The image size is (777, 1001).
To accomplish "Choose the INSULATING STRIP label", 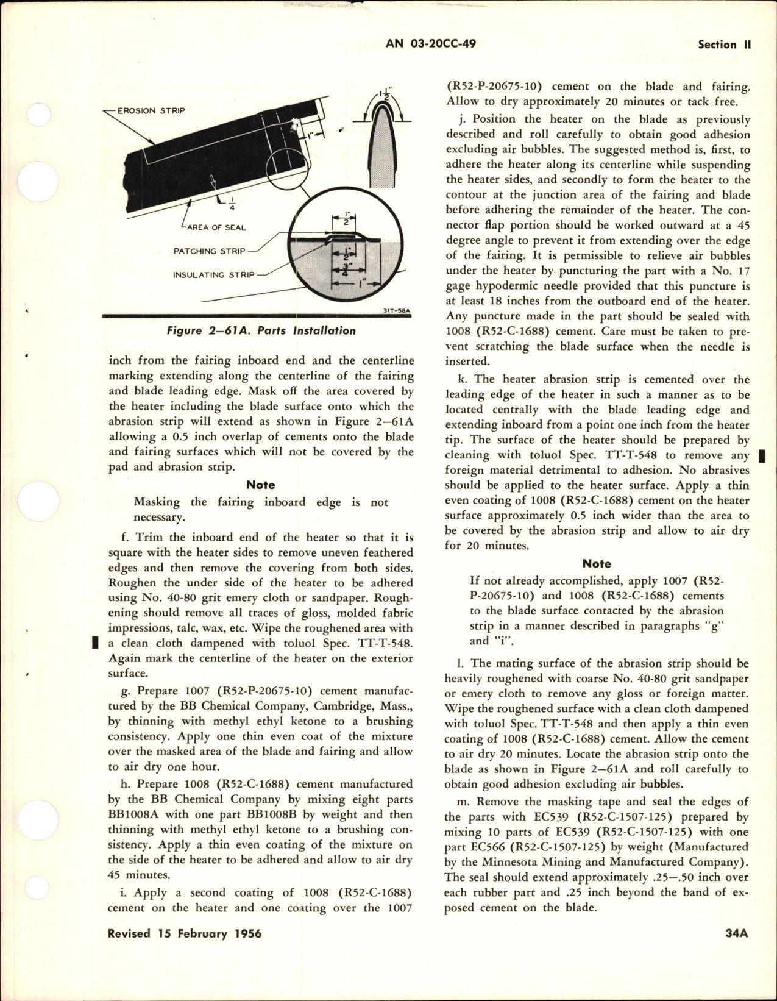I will pyautogui.click(x=213, y=274).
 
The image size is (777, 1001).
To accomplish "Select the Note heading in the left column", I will pyautogui.click(x=260, y=485).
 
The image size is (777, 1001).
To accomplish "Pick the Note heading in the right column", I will pyautogui.click(x=597, y=564).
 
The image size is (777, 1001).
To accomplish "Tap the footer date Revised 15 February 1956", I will pyautogui.click(x=185, y=951).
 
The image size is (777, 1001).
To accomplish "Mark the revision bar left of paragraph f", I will pyautogui.click(x=95, y=643).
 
